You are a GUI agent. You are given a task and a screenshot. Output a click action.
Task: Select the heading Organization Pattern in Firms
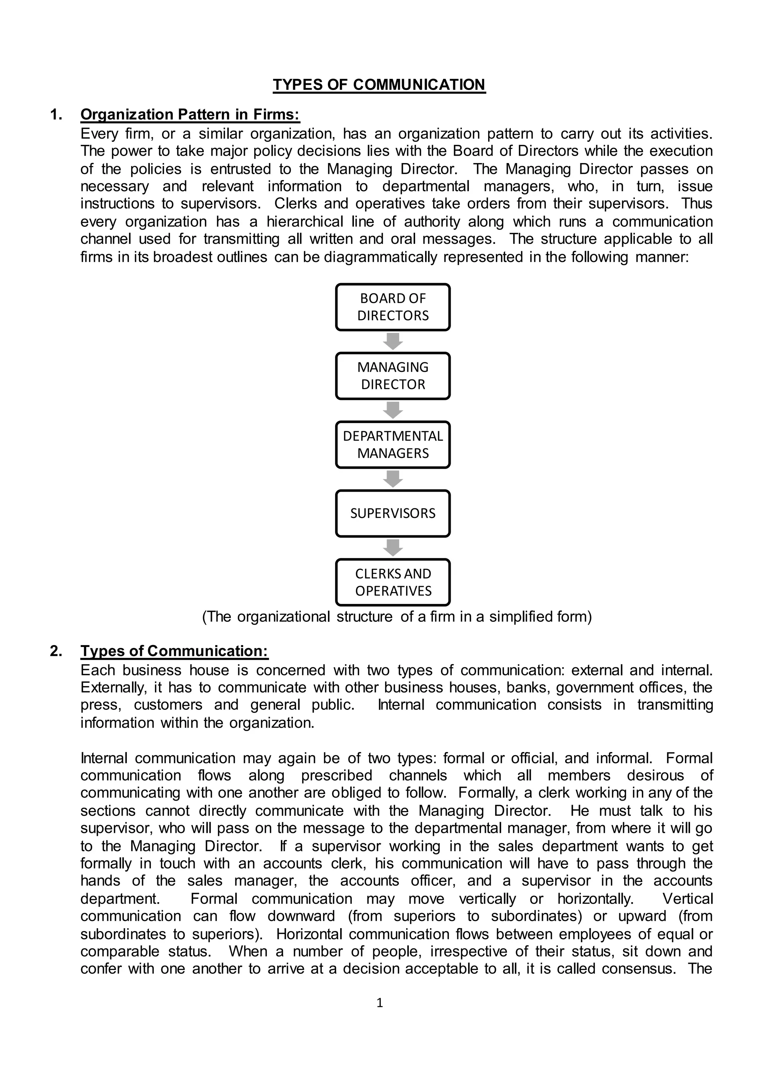pos(190,114)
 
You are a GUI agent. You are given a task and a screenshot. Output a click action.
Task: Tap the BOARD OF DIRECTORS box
pos(392,307)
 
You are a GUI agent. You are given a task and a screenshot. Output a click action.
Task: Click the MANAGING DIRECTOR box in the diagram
pos(392,376)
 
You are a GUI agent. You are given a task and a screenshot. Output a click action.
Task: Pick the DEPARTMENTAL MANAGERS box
pos(392,445)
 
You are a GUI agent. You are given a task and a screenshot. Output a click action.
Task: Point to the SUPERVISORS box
pos(392,513)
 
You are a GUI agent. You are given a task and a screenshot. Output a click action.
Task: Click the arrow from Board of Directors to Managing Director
pos(392,341)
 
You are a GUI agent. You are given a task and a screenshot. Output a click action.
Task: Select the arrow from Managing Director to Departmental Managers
pos(392,410)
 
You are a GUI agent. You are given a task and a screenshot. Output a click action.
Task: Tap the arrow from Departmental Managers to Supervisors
pos(392,479)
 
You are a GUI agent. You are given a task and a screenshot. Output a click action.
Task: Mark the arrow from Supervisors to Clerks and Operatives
pos(392,547)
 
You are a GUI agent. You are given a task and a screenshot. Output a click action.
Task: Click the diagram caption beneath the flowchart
pos(397,617)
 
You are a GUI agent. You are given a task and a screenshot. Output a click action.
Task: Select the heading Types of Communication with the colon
pos(174,651)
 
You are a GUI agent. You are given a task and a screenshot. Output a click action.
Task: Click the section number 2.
pos(56,651)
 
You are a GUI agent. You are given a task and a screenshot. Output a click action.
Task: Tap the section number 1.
pos(56,114)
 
